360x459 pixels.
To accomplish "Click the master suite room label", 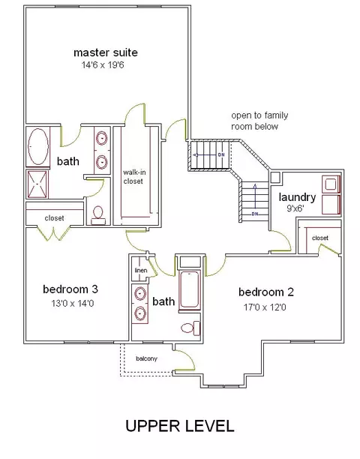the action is (x=105, y=52).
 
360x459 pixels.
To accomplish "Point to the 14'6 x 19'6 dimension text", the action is (x=103, y=65).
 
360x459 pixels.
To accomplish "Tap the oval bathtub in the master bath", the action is (x=38, y=146).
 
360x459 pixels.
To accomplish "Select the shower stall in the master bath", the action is (x=37, y=184).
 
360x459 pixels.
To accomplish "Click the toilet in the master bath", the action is (x=98, y=216).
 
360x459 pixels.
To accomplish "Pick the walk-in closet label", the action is (x=133, y=177).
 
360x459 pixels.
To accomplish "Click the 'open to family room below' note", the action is (x=259, y=121).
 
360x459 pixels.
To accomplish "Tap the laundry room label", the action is (x=297, y=197).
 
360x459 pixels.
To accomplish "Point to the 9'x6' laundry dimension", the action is (x=295, y=208).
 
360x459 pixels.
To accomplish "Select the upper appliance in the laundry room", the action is (x=331, y=184).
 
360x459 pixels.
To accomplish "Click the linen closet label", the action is (x=141, y=270).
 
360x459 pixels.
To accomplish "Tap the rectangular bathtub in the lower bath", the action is (x=190, y=289).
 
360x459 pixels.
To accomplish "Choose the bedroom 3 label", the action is (x=70, y=289).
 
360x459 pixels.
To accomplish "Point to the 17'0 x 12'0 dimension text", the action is (x=265, y=307).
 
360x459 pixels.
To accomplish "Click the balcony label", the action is (x=147, y=358).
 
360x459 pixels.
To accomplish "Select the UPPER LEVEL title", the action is (x=180, y=426).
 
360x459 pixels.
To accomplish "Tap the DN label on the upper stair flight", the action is (x=221, y=154).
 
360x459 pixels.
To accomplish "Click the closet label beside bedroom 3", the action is (x=55, y=218).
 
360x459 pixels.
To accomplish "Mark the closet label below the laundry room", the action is (x=320, y=238).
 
